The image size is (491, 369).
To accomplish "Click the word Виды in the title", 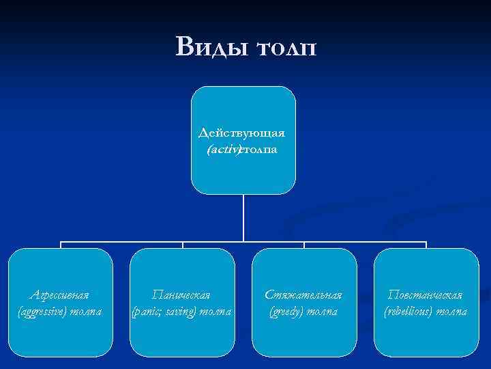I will [209, 47].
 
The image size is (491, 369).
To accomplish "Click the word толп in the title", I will [286, 47].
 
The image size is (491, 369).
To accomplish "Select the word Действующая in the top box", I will [242, 132].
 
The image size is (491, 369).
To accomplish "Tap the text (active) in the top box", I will [224, 148].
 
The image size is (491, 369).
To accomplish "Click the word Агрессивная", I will [61, 295].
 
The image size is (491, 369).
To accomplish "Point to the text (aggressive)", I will [44, 311].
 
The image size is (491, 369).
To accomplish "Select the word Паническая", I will [181, 295].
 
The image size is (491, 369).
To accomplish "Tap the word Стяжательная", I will [303, 295].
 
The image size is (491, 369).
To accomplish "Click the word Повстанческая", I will [425, 295].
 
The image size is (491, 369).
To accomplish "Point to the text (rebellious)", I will [409, 311].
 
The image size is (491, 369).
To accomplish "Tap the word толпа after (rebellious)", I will [451, 311].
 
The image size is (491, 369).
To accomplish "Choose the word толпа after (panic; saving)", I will [215, 311].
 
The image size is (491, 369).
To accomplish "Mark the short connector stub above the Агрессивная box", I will [61, 245].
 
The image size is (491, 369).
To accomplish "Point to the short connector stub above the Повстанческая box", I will [426, 245].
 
